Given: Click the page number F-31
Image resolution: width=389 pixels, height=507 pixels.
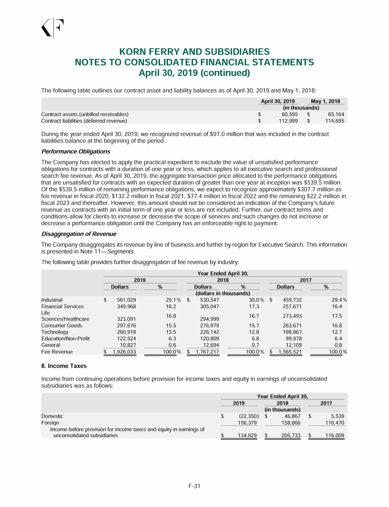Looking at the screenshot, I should [x=194, y=487].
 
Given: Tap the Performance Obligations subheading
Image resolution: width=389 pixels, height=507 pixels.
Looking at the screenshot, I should [x=75, y=152].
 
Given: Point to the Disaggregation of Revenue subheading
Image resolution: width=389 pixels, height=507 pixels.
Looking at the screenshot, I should [x=79, y=234].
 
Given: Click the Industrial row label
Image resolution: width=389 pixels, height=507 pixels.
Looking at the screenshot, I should [x=52, y=300].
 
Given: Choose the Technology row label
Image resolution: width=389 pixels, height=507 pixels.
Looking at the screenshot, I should [x=54, y=332].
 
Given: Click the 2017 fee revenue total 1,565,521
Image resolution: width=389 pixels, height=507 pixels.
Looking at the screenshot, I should [x=290, y=351].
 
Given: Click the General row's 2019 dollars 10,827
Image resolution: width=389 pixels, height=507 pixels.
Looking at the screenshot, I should [x=126, y=345].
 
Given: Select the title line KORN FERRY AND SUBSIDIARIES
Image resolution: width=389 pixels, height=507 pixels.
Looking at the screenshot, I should [x=194, y=52].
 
